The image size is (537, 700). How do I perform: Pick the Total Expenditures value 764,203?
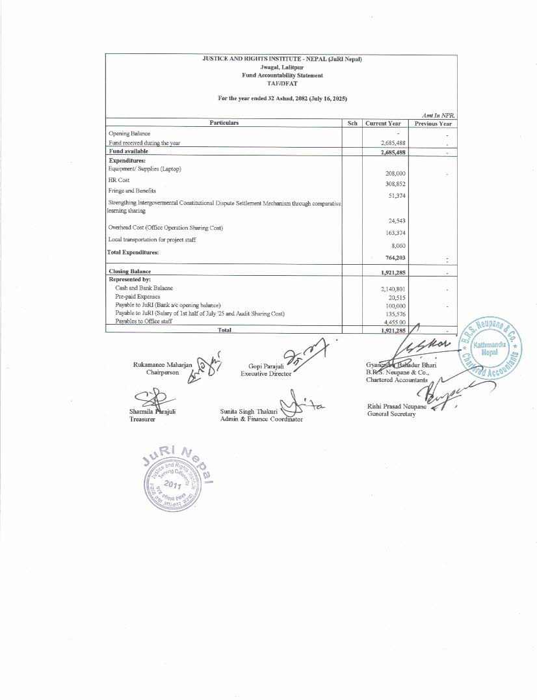[x=395, y=258]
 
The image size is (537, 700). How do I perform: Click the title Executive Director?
[x=266, y=374]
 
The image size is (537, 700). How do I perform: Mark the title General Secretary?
[x=391, y=414]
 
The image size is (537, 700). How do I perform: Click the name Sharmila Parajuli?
[x=153, y=412]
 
